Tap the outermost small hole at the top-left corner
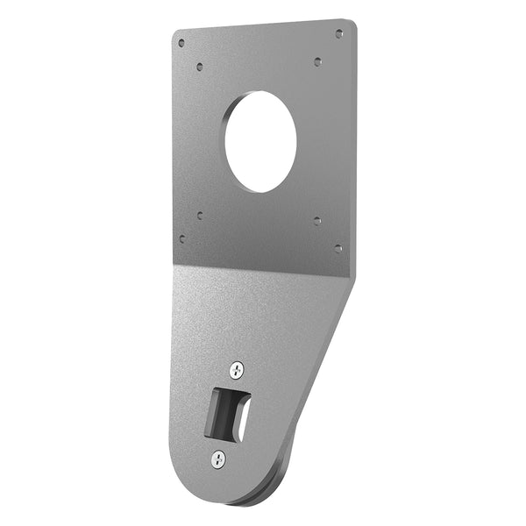coord(181,42)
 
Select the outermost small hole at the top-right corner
coord(339,33)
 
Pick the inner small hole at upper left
coord(201,66)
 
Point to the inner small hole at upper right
coord(317,61)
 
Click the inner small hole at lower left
coord(201,214)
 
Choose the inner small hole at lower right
coord(317,222)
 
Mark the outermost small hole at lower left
coord(181,238)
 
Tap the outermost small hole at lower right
coord(338,248)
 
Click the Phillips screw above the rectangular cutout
coord(236,370)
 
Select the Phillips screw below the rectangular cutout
coord(218,458)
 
